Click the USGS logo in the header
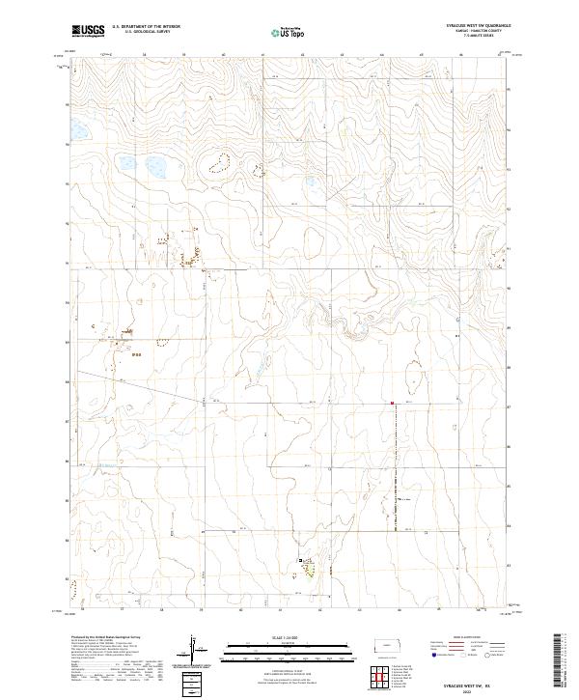click(88, 31)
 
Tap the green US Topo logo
click(289, 32)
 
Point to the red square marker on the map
click(393, 403)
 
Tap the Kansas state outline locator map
click(389, 644)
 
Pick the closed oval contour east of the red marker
click(412, 372)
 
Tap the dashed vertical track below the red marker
click(394, 463)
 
